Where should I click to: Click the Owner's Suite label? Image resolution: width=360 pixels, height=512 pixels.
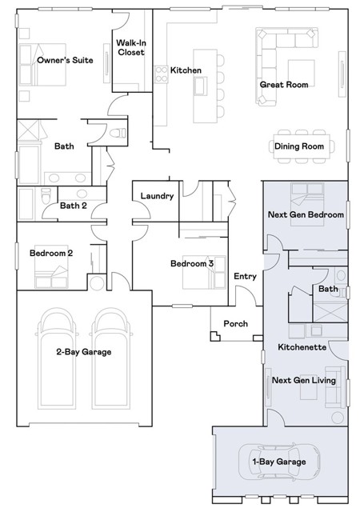(x=65, y=60)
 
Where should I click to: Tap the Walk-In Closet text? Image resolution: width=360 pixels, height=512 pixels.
(x=131, y=47)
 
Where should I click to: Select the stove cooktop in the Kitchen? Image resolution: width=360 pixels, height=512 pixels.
(x=161, y=74)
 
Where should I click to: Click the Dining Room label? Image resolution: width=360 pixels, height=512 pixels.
(x=299, y=146)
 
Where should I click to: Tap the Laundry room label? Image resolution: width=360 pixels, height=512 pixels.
(x=157, y=196)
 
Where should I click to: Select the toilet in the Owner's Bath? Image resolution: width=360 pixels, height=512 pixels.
(x=118, y=133)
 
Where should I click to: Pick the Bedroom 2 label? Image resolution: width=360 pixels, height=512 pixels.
(x=51, y=253)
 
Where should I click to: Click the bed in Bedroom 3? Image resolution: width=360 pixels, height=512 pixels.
(x=204, y=272)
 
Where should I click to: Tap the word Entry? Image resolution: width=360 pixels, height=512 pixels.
(x=245, y=276)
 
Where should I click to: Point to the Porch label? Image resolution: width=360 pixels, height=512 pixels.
(x=235, y=323)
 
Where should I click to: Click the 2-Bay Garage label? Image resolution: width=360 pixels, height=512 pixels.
(x=84, y=352)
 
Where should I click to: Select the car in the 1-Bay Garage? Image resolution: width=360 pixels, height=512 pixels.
(x=279, y=462)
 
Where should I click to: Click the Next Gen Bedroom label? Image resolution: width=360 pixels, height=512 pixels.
(x=306, y=214)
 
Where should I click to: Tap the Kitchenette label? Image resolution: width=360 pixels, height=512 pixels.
(x=302, y=346)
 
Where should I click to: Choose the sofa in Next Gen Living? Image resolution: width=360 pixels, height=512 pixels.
(x=336, y=387)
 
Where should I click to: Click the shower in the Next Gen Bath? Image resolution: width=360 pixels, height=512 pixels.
(x=330, y=313)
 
